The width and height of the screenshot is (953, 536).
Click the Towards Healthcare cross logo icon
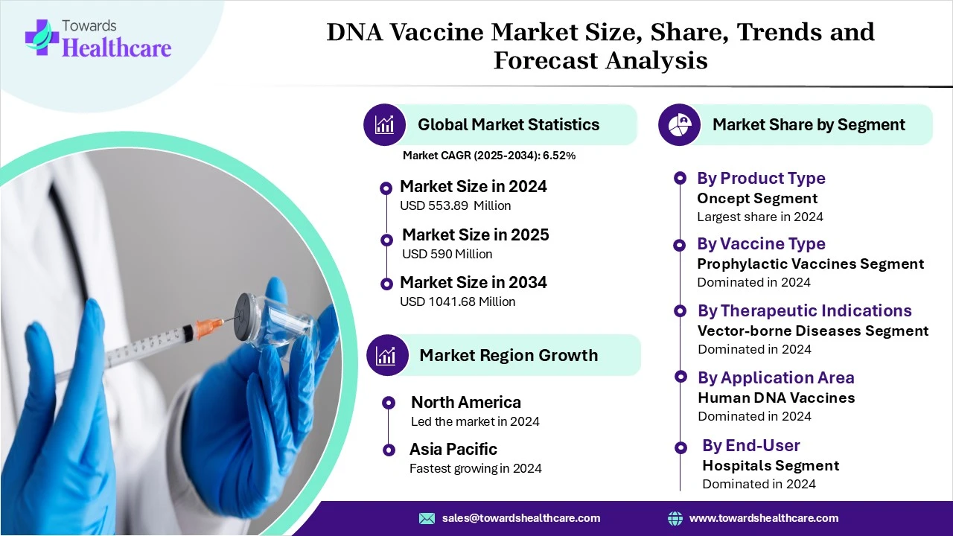point(42,37)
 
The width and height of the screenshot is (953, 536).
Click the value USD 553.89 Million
point(455,206)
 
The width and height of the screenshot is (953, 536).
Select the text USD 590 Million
point(447,254)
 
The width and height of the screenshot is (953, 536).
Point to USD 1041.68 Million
point(457,301)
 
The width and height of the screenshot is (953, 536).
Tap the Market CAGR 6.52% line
point(489,156)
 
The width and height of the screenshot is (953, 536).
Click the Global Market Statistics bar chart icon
point(384,124)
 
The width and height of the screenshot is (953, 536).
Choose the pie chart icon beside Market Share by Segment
point(679,124)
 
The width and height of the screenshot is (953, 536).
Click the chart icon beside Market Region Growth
point(387,355)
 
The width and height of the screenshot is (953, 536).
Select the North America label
point(466,402)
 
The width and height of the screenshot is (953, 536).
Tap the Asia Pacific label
point(453,449)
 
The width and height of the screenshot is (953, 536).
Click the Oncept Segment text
point(757,198)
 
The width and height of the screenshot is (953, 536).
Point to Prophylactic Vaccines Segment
point(811,264)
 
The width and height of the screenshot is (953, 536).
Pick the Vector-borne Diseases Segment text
point(813,331)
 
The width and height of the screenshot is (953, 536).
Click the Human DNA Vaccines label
point(777,398)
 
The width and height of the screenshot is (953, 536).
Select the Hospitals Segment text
point(771,465)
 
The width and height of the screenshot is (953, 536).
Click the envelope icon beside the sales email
point(427,518)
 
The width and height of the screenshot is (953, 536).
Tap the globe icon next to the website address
point(675,518)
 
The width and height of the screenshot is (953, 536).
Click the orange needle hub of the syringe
point(209,328)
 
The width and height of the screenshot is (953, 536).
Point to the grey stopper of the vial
point(244,317)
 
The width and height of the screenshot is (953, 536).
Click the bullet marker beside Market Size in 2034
point(386,284)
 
